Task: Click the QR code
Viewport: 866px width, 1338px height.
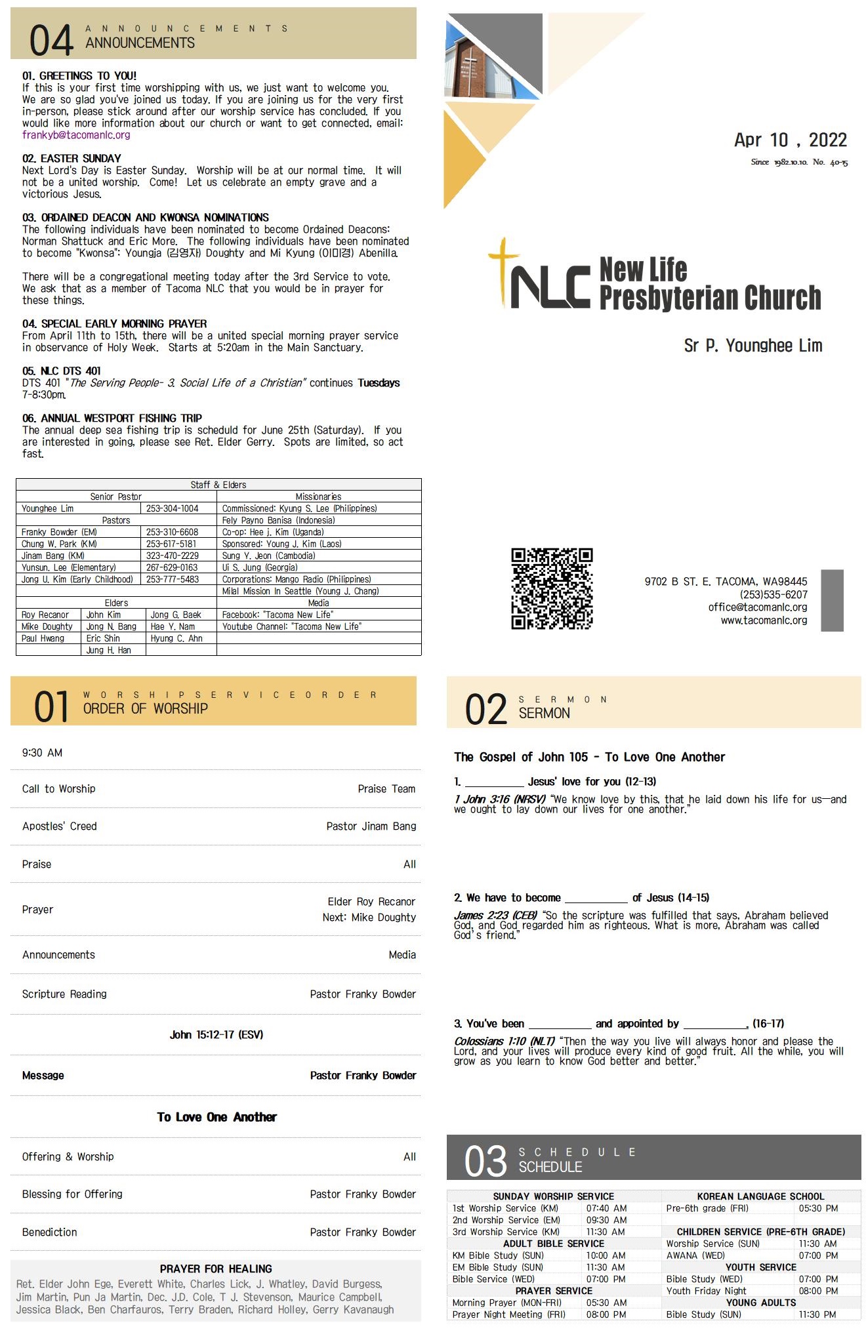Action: point(552,588)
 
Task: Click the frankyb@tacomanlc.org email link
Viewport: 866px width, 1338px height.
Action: point(76,135)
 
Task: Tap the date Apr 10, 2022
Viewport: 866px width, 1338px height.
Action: point(790,140)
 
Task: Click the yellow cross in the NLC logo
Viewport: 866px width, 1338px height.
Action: point(503,269)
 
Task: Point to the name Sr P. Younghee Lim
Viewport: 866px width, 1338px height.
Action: point(753,346)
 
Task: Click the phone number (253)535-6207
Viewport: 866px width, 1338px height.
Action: point(773,594)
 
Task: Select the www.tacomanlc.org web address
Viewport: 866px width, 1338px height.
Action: point(764,620)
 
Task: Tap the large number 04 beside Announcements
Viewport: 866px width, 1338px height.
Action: point(51,40)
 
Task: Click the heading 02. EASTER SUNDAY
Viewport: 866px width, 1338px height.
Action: point(72,159)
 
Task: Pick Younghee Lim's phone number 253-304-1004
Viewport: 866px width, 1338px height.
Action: point(172,508)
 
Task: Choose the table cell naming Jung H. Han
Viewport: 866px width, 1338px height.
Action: point(109,650)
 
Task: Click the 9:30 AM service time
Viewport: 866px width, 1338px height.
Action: point(43,753)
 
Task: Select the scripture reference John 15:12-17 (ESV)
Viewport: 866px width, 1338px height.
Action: point(216,1035)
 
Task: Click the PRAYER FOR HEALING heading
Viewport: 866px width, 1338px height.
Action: point(216,1268)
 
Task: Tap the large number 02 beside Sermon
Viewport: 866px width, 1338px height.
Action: point(485,710)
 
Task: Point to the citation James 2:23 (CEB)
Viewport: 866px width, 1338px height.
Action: point(495,916)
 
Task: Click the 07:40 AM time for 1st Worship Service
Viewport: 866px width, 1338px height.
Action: point(606,1208)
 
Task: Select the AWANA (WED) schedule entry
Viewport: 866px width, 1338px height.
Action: point(695,1255)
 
